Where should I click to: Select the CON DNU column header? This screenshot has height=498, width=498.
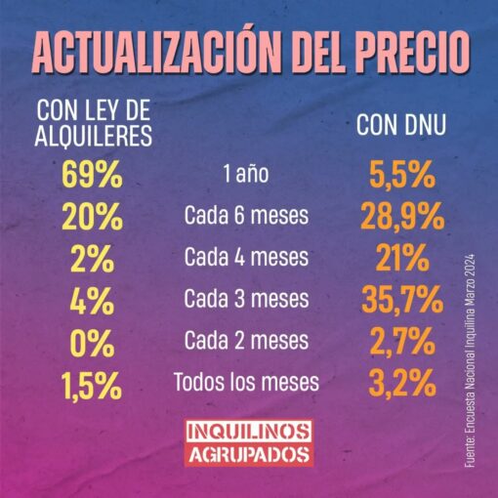[401, 124]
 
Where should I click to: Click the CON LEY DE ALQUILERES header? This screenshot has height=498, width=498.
[94, 123]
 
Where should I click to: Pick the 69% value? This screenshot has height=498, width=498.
[92, 175]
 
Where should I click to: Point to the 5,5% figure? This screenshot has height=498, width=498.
[402, 175]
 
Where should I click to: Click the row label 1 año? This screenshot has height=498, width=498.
[246, 174]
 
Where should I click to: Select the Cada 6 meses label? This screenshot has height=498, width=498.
[246, 215]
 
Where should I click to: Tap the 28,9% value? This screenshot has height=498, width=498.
[402, 217]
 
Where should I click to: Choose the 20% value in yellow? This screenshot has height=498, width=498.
[93, 217]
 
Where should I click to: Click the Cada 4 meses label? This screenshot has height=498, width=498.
[246, 257]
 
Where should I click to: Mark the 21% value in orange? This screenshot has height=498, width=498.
[402, 258]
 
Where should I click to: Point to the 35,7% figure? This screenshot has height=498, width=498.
[402, 300]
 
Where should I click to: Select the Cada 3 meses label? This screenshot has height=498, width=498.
[246, 299]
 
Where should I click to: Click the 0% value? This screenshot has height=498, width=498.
[92, 344]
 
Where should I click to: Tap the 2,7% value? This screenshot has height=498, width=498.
[402, 342]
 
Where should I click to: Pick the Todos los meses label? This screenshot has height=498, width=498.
[246, 382]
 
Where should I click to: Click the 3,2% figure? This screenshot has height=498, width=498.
[402, 383]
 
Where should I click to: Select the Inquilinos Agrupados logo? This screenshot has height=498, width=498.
[249, 443]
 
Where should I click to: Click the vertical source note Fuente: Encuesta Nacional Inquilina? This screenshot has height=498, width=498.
[470, 361]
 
